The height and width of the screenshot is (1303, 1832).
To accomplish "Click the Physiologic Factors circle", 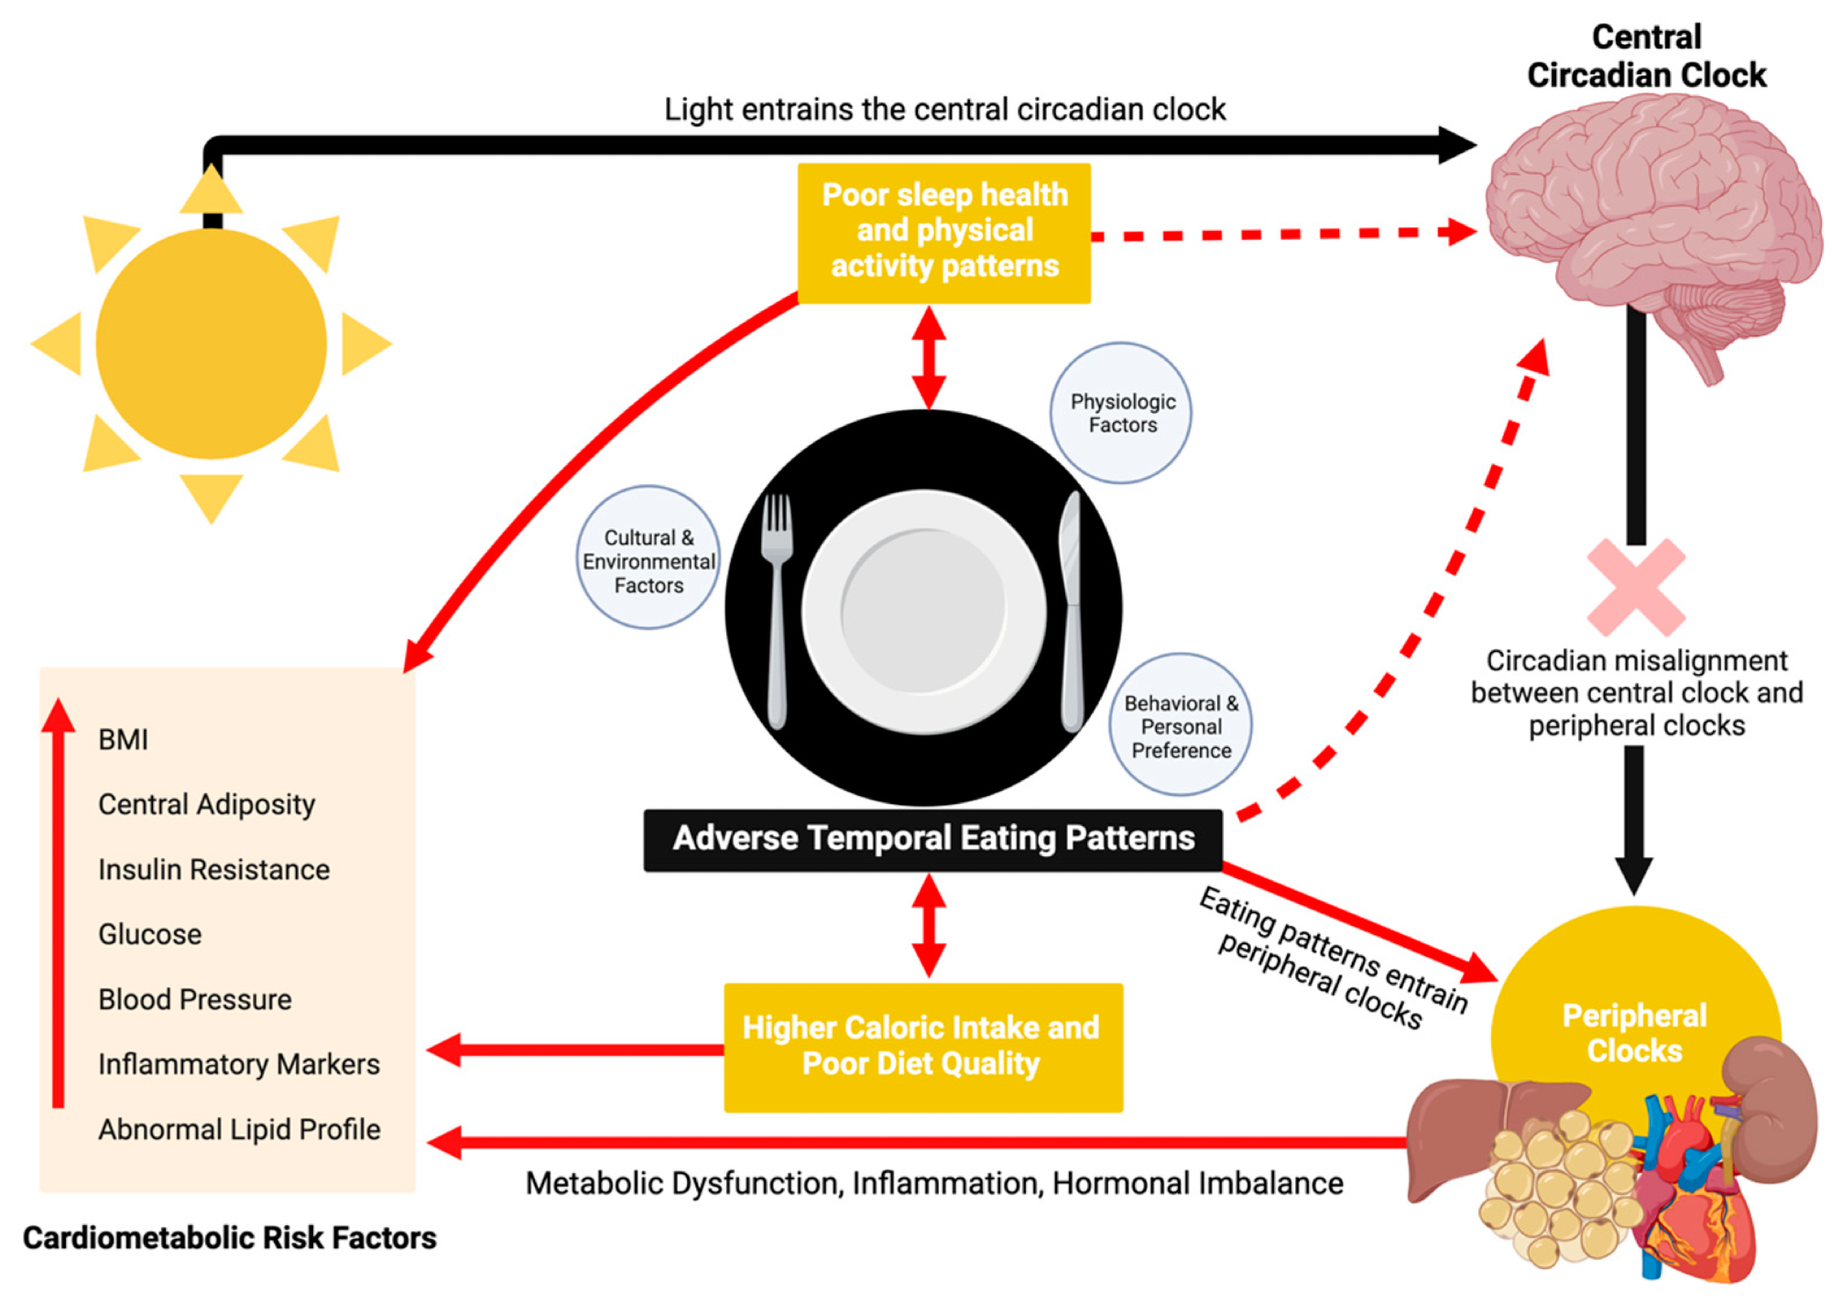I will [1121, 413].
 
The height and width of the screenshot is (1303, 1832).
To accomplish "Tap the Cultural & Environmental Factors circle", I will [649, 558].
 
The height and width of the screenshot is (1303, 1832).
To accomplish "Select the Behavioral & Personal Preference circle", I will [1181, 725].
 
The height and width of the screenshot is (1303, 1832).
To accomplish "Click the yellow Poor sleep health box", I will [944, 233].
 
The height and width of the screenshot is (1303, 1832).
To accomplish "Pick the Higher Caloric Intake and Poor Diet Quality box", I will [922, 1047].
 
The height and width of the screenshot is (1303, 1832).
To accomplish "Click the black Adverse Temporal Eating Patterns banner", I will [932, 839].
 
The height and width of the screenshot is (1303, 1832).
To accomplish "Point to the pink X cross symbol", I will [1635, 587].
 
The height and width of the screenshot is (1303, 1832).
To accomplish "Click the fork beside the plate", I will [777, 604].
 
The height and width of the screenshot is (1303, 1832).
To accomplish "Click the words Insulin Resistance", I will [213, 869].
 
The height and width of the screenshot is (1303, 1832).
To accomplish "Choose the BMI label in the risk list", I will [123, 739].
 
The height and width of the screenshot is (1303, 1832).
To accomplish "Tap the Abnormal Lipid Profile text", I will [239, 1129].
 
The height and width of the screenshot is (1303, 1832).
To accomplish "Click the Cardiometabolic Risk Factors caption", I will [229, 1238].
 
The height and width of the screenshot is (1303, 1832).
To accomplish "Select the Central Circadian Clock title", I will [1645, 56].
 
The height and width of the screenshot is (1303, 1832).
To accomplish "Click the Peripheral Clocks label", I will [1634, 1033].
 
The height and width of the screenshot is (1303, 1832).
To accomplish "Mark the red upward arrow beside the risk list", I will [59, 902].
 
